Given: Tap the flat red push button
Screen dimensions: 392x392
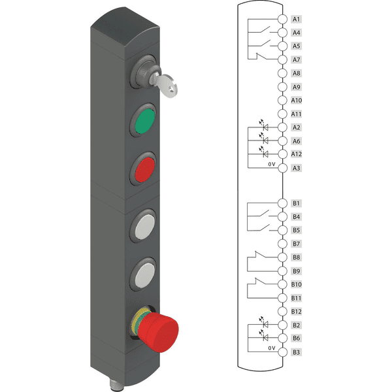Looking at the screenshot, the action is (144, 169).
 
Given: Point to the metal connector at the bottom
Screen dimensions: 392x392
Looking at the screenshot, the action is (113, 385).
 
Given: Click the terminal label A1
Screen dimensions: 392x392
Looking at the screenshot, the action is (296, 19).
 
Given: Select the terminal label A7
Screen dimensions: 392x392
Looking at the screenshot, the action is (296, 59).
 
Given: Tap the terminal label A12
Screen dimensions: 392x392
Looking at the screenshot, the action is (296, 154).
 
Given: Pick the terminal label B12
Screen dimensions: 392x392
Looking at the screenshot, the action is (296, 312).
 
